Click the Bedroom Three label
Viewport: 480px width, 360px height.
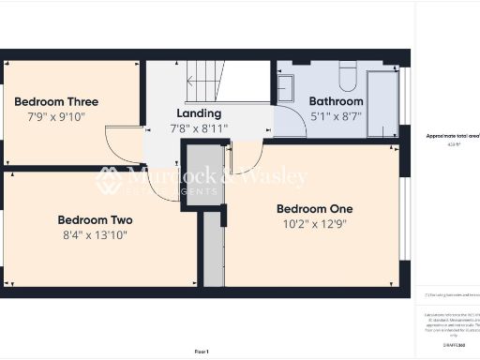56,101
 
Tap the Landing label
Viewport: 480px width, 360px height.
199,113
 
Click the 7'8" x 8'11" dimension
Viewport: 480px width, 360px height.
199,128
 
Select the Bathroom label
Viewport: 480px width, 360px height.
337,101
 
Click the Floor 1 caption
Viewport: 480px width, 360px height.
202,351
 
